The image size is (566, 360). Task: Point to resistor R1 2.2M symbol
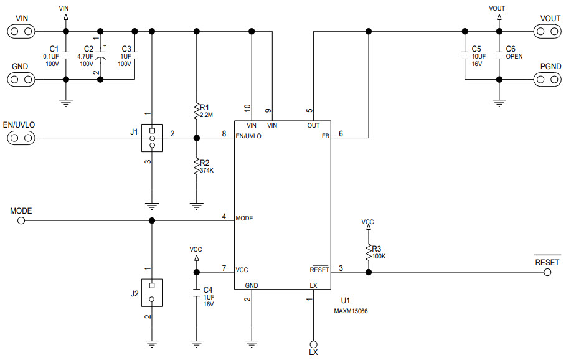(197, 111)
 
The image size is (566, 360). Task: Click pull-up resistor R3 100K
(369, 251)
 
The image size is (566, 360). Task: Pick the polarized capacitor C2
(100, 55)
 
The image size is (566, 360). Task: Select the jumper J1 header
(151, 138)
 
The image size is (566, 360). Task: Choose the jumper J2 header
(151, 292)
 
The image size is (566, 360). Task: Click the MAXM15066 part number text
(351, 311)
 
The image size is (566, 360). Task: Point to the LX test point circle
(313, 344)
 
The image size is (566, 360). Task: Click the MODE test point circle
(21, 220)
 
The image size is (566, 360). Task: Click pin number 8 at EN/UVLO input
(224, 133)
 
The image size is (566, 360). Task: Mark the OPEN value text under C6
(514, 56)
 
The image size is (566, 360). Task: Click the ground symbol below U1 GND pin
(251, 341)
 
